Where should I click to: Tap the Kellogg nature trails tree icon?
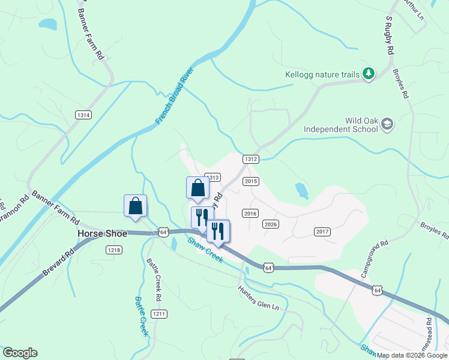point(369,74)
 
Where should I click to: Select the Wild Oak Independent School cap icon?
point(387,124)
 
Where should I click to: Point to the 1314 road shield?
point(83,115)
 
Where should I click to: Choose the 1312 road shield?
point(251,159)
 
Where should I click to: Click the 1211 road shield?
point(158,314)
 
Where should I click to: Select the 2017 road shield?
point(322,232)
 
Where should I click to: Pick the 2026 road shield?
point(271,224)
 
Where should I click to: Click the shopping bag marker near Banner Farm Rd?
point(136,205)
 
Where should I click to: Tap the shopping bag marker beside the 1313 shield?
point(198,188)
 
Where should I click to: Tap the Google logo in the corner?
point(20,353)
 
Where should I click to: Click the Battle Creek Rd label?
point(154,280)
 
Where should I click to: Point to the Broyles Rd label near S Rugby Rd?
point(400,83)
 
